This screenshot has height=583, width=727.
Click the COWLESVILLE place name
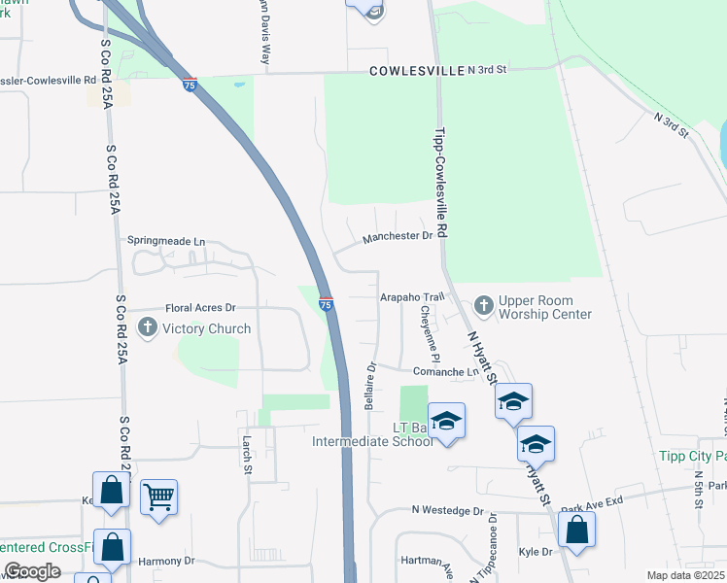[415, 71]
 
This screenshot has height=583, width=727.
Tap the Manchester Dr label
[398, 236]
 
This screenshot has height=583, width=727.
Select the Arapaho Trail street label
[411, 295]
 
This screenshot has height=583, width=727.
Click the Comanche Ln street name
[445, 371]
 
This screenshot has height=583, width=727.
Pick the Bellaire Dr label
[370, 387]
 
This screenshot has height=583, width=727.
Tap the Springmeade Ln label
[166, 240]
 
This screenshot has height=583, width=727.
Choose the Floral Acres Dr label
[200, 307]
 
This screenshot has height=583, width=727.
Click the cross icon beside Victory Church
[148, 328]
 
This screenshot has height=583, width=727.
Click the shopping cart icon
[158, 497]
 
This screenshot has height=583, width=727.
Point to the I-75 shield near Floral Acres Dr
[327, 304]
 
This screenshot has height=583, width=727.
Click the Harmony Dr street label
[166, 561]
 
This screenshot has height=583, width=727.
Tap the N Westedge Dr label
[447, 510]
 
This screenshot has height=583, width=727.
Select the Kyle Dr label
[536, 552]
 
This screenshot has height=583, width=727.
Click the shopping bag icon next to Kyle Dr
[576, 530]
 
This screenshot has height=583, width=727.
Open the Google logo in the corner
[32, 571]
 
